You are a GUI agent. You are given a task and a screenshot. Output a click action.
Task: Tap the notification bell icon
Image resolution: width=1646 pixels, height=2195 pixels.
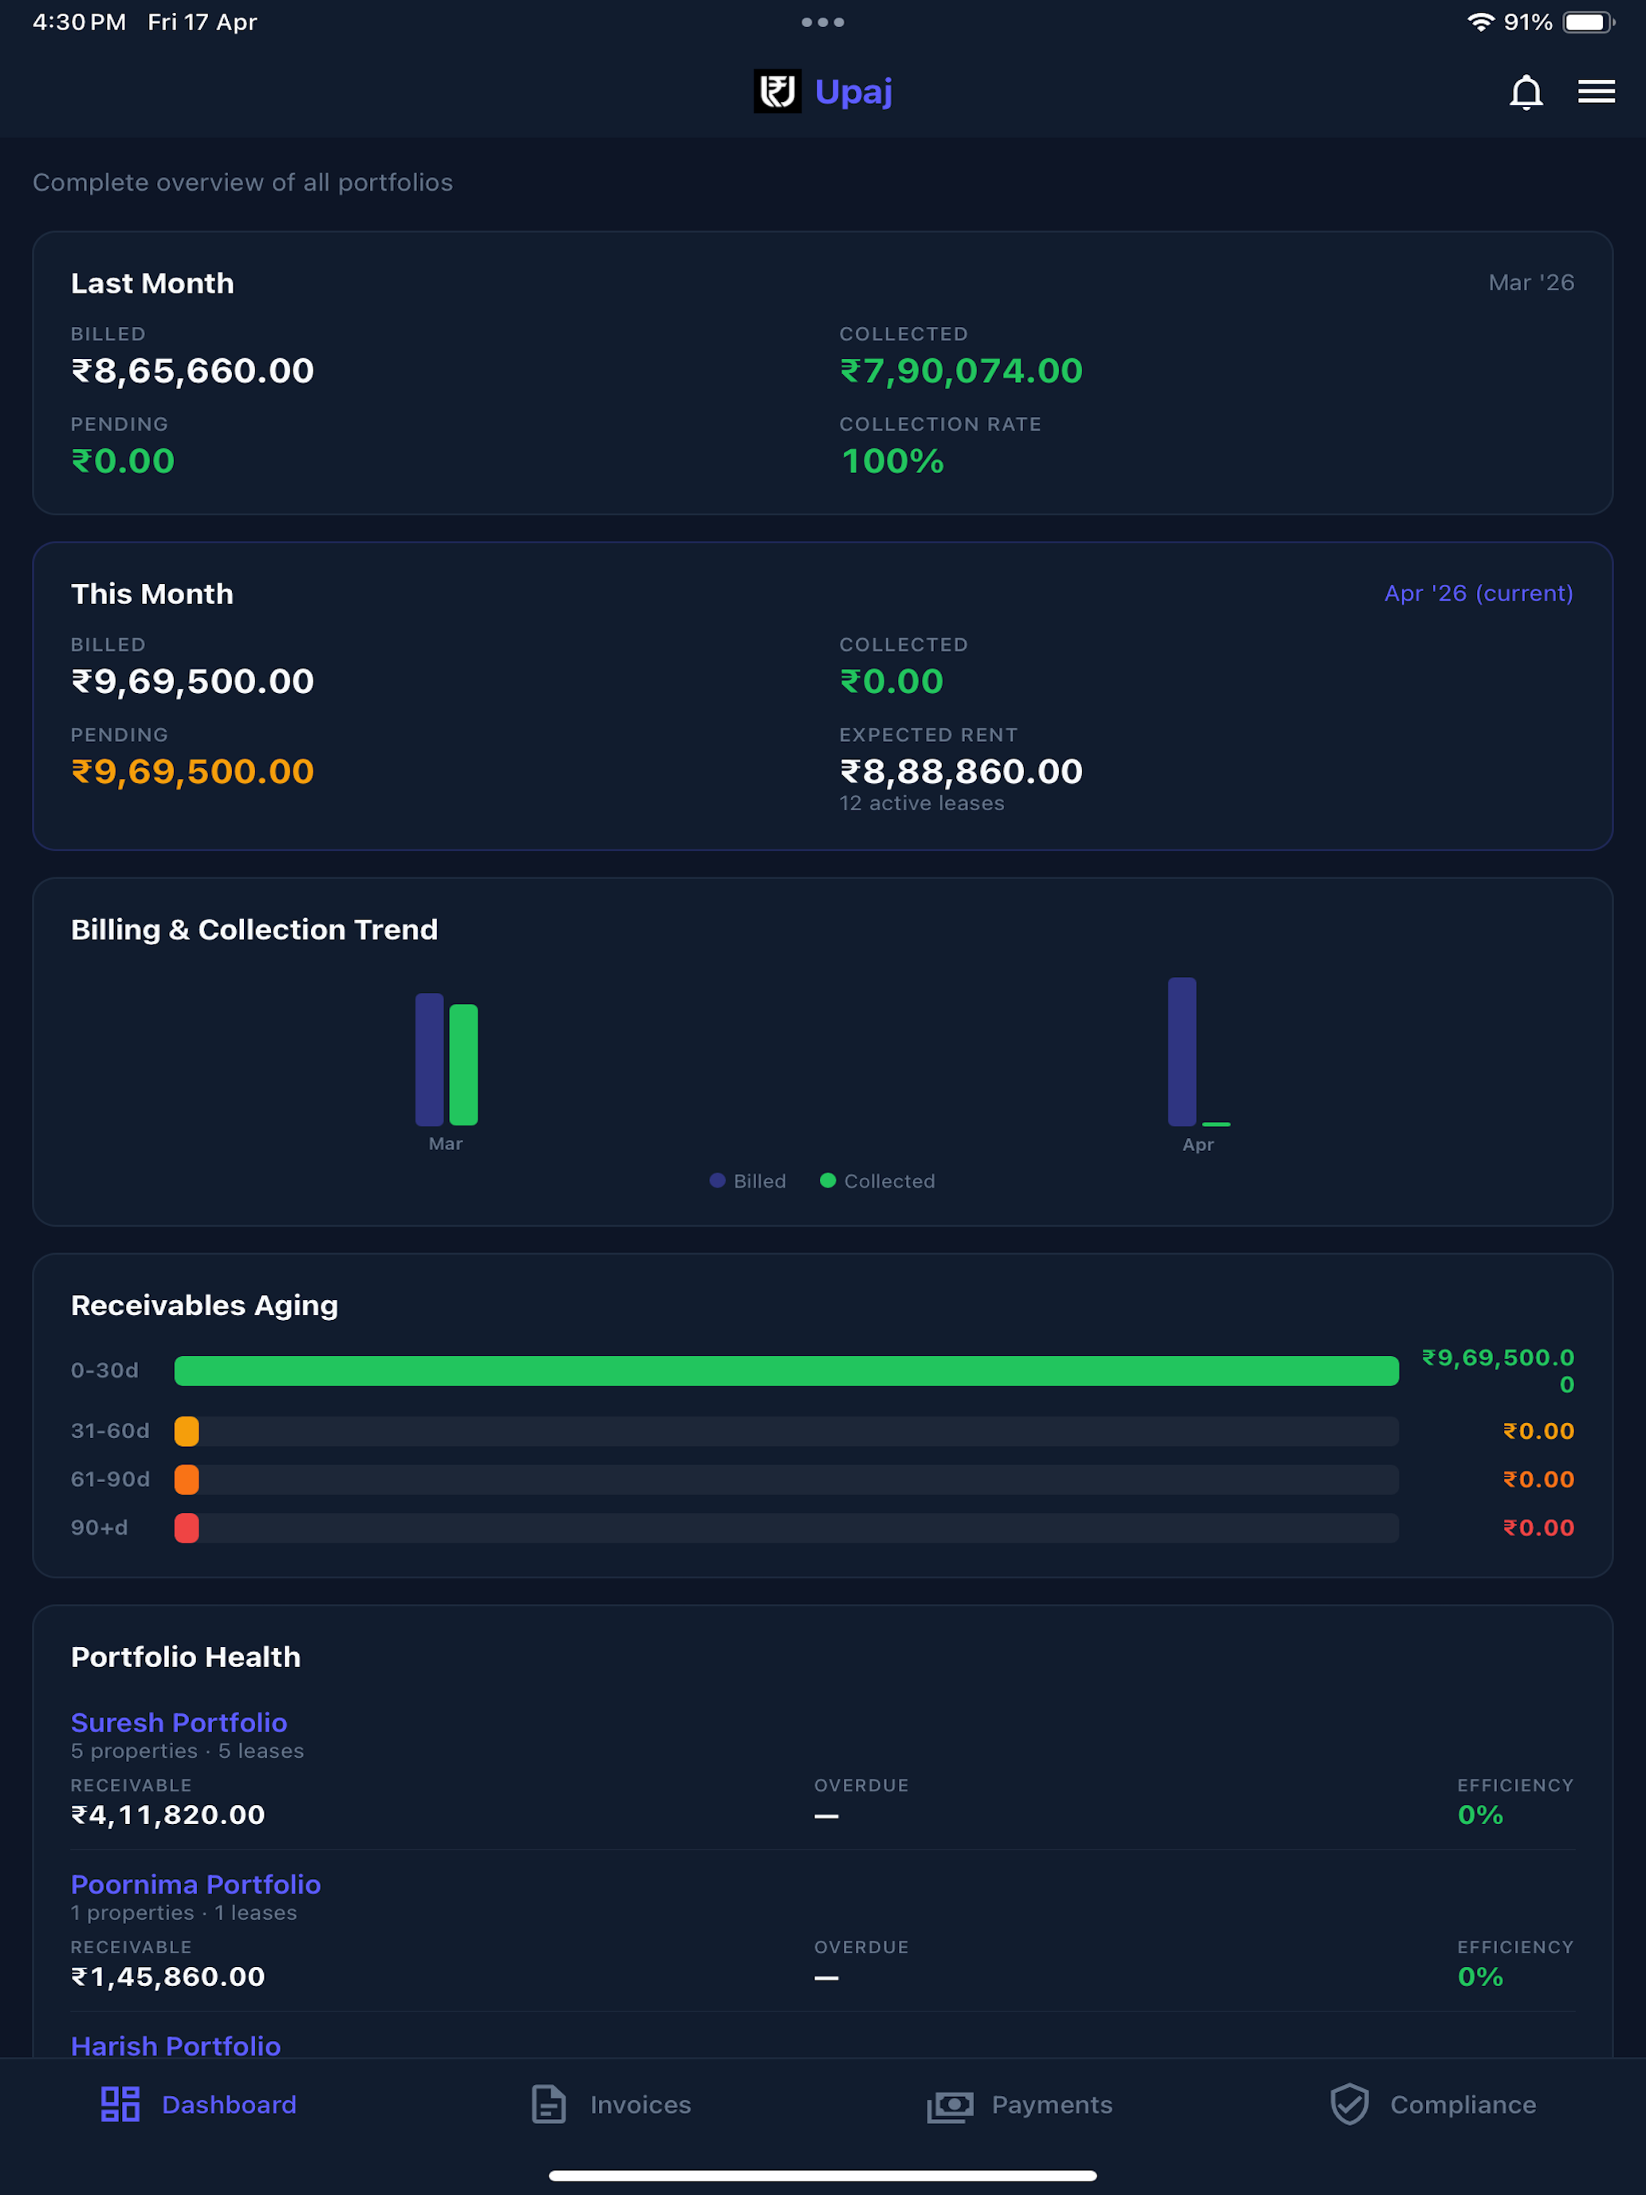click(1526, 93)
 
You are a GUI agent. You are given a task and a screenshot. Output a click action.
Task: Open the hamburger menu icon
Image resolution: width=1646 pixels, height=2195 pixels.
click(1597, 91)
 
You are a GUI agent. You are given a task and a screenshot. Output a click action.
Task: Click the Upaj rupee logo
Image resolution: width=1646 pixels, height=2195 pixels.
click(777, 91)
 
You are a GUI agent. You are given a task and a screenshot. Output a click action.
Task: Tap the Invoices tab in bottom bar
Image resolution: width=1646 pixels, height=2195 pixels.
click(611, 2104)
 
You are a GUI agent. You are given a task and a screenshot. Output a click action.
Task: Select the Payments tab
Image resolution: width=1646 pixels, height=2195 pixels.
click(1020, 2104)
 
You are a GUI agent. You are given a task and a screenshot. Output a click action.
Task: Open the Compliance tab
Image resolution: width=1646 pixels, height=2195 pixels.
click(1433, 2104)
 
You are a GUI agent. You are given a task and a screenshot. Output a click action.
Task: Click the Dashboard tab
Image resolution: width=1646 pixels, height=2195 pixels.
click(199, 2104)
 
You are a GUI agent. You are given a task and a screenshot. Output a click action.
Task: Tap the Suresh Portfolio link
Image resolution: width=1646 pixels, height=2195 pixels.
click(179, 1723)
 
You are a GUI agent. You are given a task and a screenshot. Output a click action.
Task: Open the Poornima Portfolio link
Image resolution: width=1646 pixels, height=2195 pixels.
click(195, 1885)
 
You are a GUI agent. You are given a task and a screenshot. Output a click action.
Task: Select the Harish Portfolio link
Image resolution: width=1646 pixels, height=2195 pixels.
click(175, 2046)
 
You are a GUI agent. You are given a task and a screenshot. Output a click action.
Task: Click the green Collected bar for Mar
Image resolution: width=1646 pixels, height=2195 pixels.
click(463, 1065)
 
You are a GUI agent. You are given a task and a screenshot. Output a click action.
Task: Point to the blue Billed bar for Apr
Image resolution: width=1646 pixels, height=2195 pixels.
click(1182, 1052)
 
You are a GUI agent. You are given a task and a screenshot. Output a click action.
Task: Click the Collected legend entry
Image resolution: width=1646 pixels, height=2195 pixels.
click(877, 1181)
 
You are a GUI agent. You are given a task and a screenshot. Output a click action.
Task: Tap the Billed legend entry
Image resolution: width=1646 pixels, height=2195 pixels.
click(748, 1181)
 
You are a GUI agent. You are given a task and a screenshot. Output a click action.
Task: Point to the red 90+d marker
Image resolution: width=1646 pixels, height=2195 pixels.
click(187, 1528)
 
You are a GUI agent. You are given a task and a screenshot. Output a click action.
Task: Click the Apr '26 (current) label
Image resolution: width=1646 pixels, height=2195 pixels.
click(1479, 593)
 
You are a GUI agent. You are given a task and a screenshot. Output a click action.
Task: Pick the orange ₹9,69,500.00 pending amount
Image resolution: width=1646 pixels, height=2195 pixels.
click(192, 771)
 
